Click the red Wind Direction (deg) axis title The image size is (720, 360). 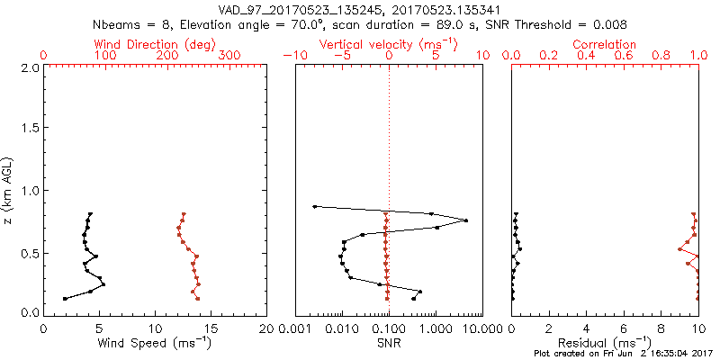pyautogui.click(x=153, y=43)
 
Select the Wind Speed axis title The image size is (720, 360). pyautogui.click(x=155, y=342)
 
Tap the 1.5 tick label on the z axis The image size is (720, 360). pyautogui.click(x=29, y=129)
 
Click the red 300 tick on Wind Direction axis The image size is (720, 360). pyautogui.click(x=229, y=56)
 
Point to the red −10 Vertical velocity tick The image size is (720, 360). pyautogui.click(x=292, y=56)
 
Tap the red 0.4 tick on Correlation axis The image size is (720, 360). pyautogui.click(x=586, y=56)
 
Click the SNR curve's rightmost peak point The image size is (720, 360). pyautogui.click(x=465, y=220)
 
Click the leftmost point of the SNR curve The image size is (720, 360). pyautogui.click(x=314, y=207)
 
